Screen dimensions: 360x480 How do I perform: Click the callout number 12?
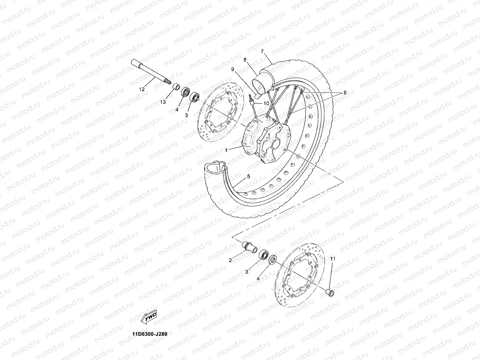tap(142, 89)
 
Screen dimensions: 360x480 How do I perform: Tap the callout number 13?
tap(163, 102)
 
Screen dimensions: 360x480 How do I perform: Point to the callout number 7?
tap(262, 51)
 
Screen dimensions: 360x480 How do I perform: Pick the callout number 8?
tap(245, 60)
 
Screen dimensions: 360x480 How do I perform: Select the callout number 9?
tap(243, 69)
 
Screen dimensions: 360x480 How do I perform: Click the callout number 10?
tap(266, 104)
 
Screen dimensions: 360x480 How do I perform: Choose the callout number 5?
tap(248, 176)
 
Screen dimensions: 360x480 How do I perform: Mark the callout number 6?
tap(345, 93)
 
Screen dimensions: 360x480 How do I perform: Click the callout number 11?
tap(333, 259)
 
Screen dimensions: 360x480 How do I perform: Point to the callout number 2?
tap(230, 260)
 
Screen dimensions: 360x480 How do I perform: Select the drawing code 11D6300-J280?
tap(149, 334)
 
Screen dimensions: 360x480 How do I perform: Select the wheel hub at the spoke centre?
tap(266, 141)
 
